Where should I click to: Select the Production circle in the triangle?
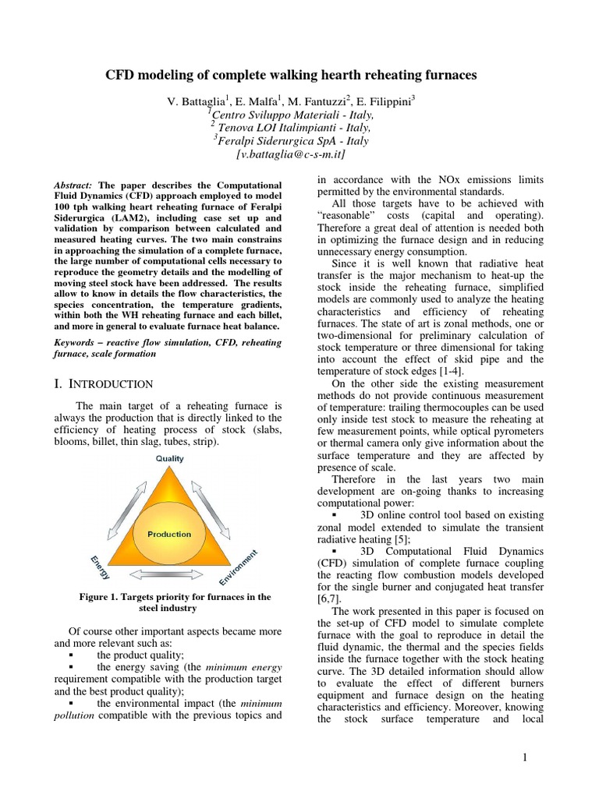click(168, 534)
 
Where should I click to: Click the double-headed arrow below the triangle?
click(168, 574)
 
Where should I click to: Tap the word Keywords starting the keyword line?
click(77, 342)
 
